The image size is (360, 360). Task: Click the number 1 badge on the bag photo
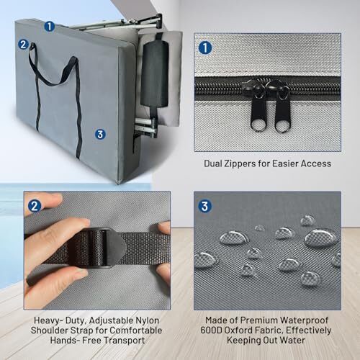50,27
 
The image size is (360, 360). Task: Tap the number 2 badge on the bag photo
23,45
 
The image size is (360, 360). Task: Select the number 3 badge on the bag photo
100,134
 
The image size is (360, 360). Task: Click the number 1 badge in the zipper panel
205,48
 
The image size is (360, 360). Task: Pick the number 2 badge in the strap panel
35,206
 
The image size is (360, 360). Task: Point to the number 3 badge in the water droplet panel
204,206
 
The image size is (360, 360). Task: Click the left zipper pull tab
258,113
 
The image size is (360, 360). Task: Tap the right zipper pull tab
283,113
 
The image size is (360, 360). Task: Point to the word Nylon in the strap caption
148,320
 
